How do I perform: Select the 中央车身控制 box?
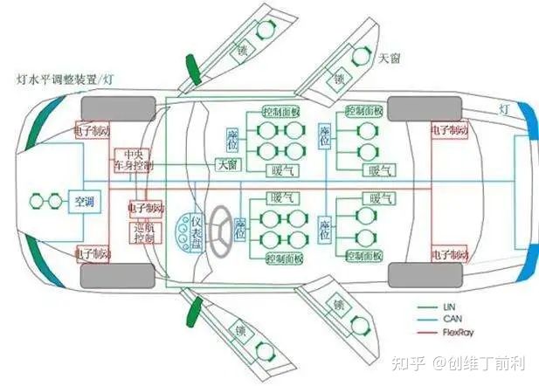click(132, 158)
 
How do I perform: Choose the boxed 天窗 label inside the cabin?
click(226, 165)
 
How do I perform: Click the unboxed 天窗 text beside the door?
click(390, 59)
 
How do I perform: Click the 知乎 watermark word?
click(403, 362)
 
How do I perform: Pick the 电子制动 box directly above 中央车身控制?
click(96, 130)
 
